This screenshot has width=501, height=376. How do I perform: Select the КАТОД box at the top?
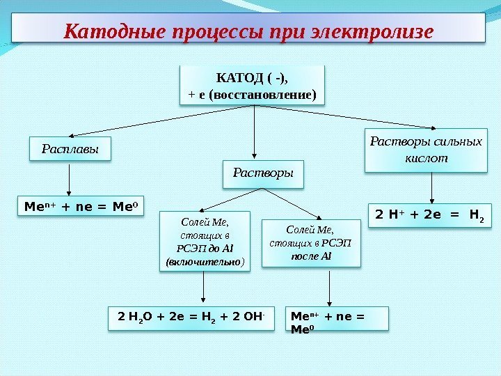coord(253,85)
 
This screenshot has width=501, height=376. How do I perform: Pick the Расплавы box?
coord(70,149)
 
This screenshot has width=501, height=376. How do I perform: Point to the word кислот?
coord(425,159)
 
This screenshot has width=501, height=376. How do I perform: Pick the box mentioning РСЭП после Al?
coord(311,242)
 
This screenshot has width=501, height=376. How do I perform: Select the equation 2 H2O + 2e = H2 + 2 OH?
coord(193,317)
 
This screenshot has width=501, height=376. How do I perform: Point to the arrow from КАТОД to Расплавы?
coord(125,122)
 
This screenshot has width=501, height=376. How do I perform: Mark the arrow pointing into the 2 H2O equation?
coord(202,288)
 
